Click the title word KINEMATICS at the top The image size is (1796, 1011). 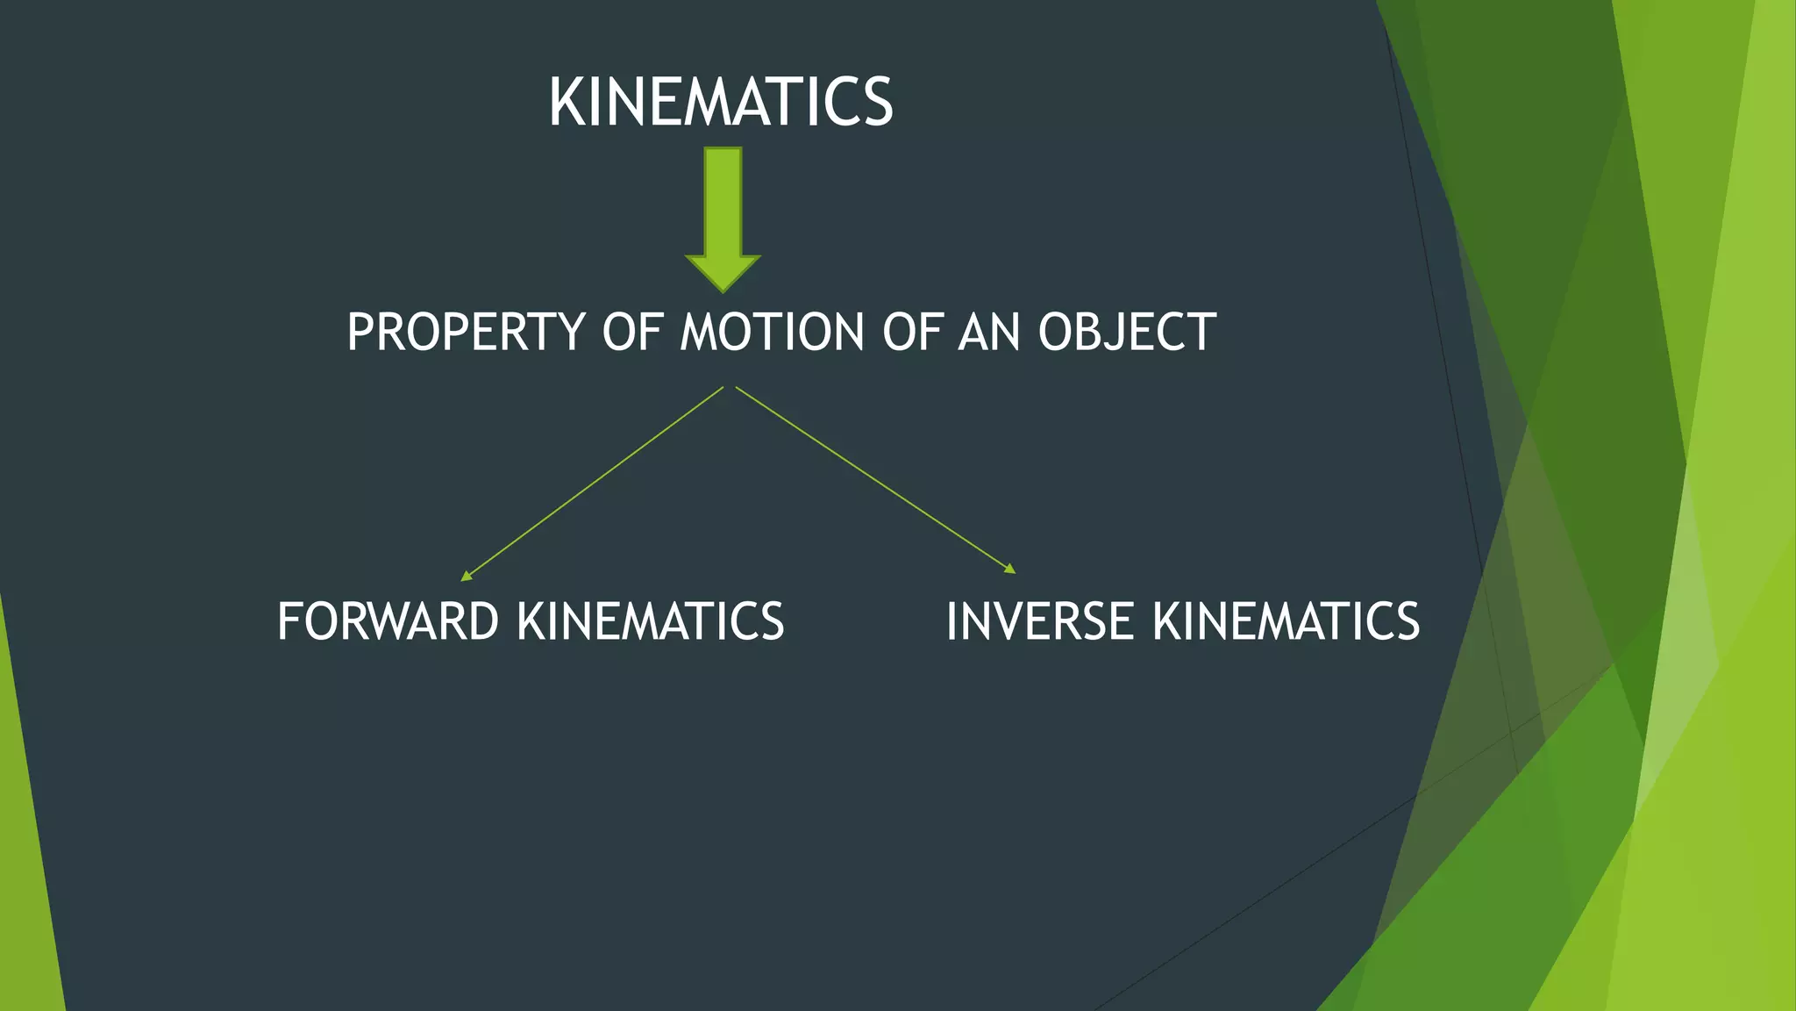pyautogui.click(x=721, y=103)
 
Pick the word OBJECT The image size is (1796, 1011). pyautogui.click(x=1127, y=333)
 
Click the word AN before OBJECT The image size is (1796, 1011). pyautogui.click(x=989, y=333)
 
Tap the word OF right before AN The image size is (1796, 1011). pyautogui.click(x=911, y=333)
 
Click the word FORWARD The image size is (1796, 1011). pyautogui.click(x=388, y=621)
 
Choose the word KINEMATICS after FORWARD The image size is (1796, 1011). pyautogui.click(x=651, y=621)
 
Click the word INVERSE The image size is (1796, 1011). pyautogui.click(x=1040, y=621)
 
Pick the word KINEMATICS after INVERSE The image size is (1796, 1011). pyautogui.click(x=1286, y=621)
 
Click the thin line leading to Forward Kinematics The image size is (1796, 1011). pyautogui.click(x=592, y=483)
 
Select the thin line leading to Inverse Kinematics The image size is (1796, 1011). pyautogui.click(x=875, y=479)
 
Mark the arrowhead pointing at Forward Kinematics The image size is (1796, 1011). pyautogui.click(x=467, y=576)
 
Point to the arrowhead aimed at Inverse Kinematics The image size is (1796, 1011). pyautogui.click(x=1009, y=569)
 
